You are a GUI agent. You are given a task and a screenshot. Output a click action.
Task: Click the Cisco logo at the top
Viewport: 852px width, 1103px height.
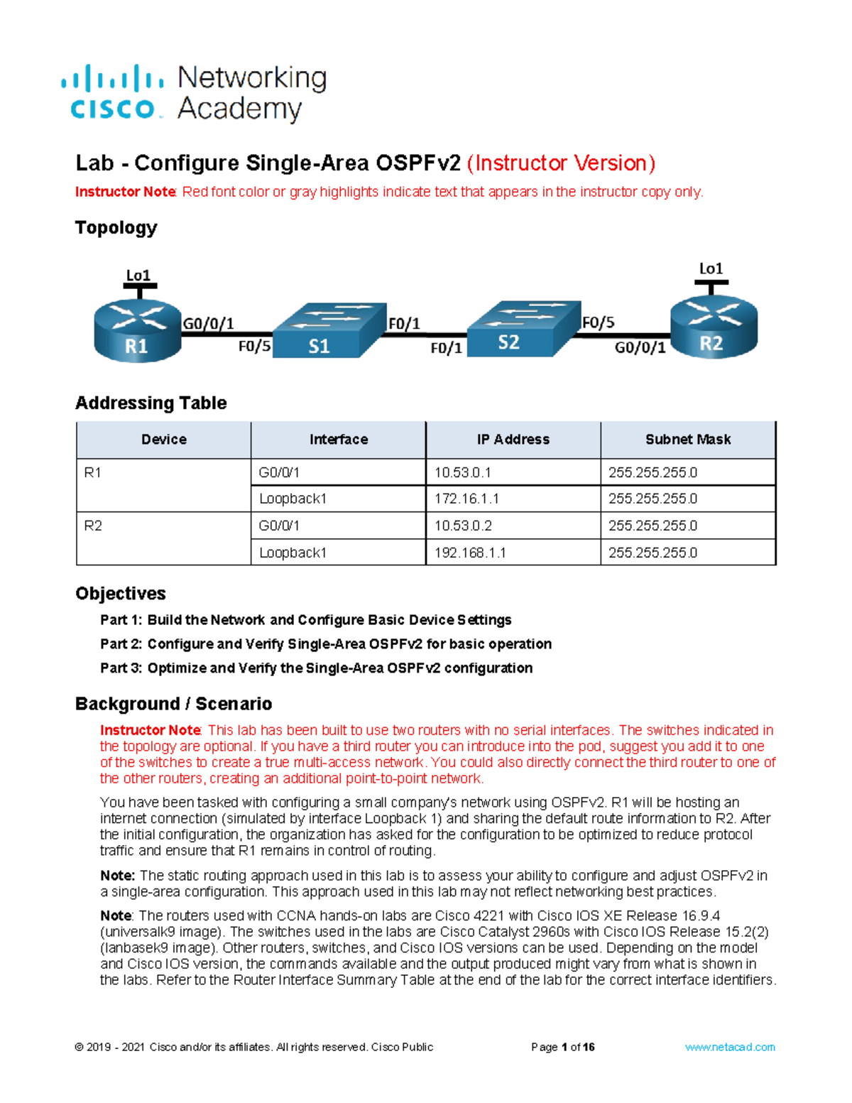tap(112, 92)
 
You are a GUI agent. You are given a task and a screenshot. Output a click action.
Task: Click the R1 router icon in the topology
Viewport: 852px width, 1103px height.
tap(137, 330)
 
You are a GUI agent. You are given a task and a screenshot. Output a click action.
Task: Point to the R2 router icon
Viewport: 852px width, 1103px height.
tap(714, 327)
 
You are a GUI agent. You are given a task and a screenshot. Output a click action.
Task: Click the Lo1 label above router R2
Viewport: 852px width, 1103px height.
tap(711, 268)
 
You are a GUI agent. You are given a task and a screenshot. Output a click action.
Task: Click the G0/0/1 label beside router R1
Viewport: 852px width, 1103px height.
tap(209, 324)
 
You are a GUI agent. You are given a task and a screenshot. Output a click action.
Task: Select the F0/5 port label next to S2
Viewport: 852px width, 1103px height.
tap(598, 322)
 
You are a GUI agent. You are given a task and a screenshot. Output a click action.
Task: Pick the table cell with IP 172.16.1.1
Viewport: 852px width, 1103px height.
tap(513, 499)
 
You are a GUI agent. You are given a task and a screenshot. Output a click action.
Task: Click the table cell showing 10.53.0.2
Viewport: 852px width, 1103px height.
tap(513, 526)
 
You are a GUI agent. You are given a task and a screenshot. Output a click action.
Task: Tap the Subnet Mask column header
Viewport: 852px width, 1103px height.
tap(687, 440)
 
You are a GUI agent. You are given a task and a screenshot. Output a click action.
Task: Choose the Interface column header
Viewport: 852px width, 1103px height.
tap(338, 440)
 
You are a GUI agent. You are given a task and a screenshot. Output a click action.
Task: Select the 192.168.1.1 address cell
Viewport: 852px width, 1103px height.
tap(513, 553)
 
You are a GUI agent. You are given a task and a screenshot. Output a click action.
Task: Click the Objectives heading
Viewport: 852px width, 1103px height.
tap(121, 594)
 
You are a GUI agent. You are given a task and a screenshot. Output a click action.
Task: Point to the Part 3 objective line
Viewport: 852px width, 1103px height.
tap(316, 668)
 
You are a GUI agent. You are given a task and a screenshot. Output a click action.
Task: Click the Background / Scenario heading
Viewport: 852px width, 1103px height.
tap(174, 704)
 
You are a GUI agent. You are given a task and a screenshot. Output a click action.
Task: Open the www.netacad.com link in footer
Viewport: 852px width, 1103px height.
tap(730, 1047)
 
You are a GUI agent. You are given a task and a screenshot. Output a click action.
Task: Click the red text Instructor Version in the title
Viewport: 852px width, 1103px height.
tap(561, 163)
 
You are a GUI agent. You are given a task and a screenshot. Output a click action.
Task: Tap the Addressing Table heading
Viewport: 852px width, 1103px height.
tap(151, 403)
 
